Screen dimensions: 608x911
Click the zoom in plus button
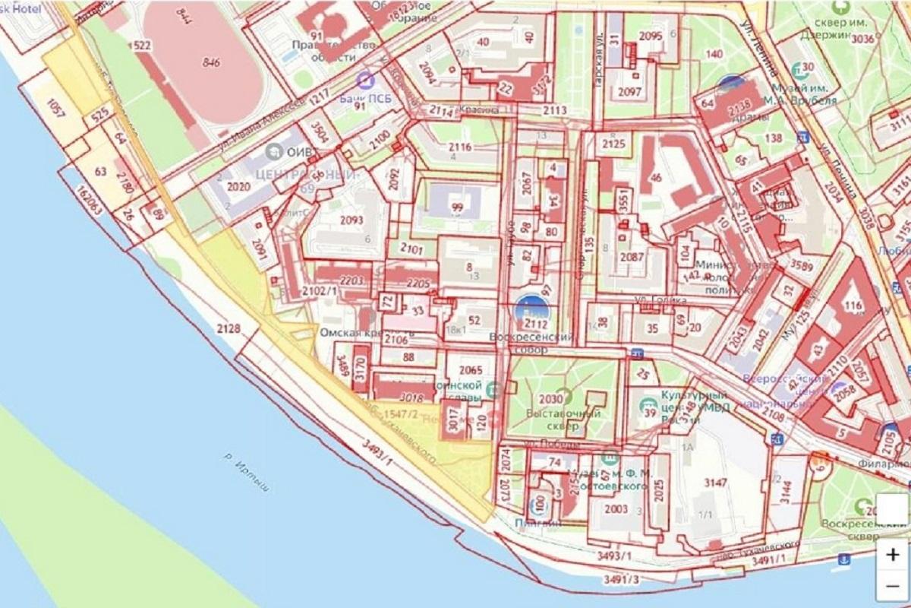pyautogui.click(x=892, y=554)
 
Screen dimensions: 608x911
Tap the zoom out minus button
pyautogui.click(x=892, y=586)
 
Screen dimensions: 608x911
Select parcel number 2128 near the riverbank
pyautogui.click(x=228, y=328)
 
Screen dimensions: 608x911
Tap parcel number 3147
pyautogui.click(x=715, y=483)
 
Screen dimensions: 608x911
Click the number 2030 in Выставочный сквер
pyautogui.click(x=550, y=398)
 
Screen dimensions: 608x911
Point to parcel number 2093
pyautogui.click(x=352, y=220)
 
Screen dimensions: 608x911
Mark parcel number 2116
pyautogui.click(x=459, y=147)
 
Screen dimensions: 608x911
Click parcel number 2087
pyautogui.click(x=632, y=257)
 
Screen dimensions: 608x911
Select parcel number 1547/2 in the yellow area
pyautogui.click(x=402, y=413)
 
